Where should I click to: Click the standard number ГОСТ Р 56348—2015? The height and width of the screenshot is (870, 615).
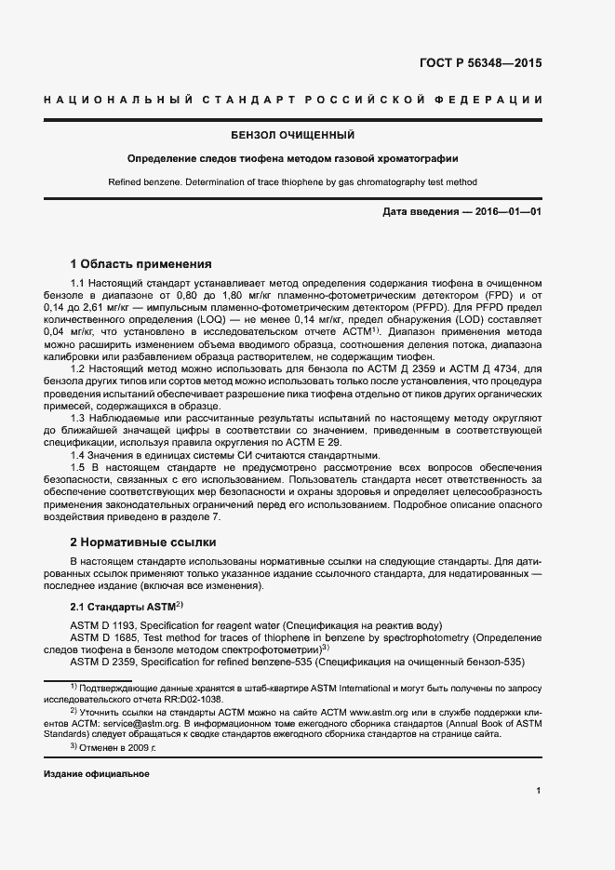[x=481, y=64]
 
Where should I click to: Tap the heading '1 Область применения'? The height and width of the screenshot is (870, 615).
[x=141, y=264]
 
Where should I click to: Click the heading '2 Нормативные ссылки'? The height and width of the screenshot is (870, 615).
[x=143, y=541]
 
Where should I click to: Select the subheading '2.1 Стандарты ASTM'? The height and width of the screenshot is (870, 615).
[x=125, y=606]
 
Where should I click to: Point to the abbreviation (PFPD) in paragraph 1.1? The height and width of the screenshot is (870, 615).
[x=423, y=307]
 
